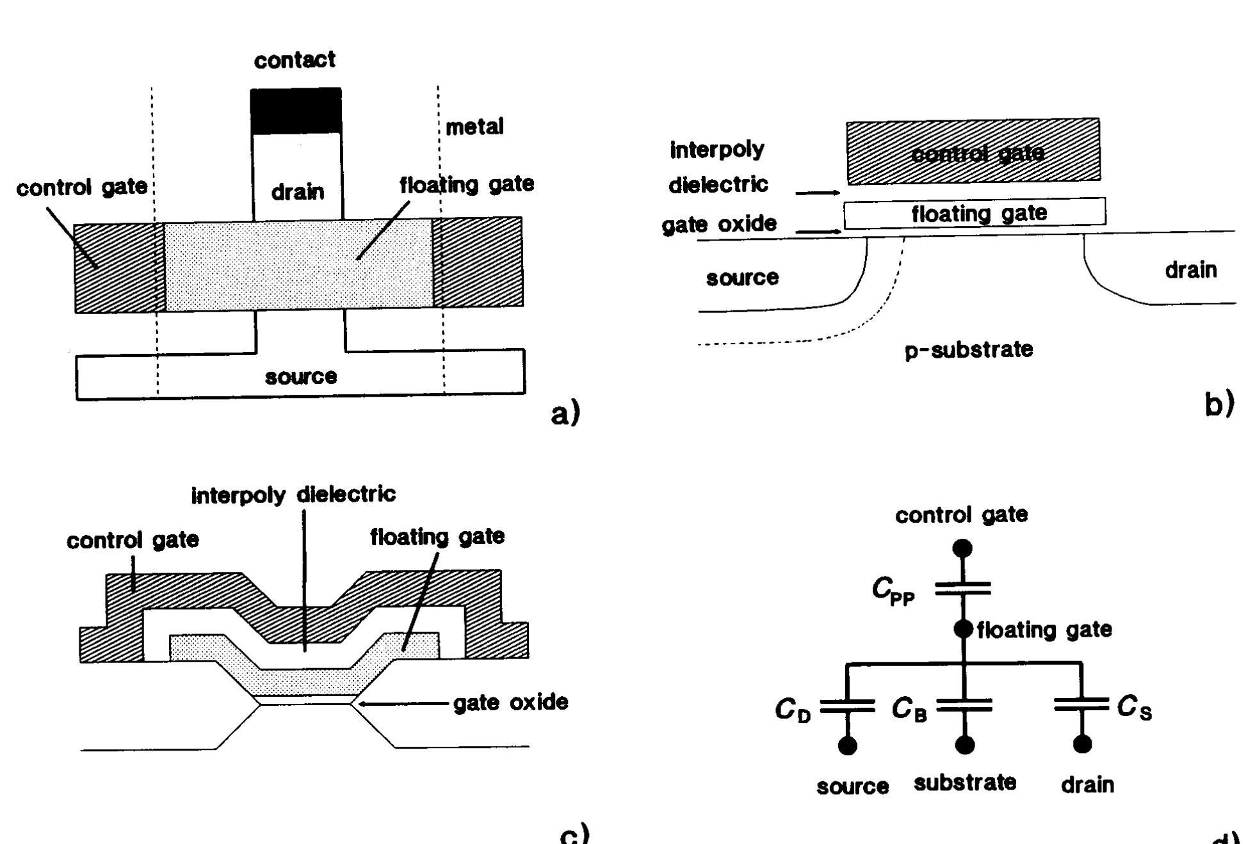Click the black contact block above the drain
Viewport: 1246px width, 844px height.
point(295,111)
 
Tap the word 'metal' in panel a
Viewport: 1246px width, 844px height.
point(474,127)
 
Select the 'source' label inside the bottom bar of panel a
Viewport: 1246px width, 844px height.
point(301,376)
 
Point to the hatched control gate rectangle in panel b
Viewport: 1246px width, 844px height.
point(973,151)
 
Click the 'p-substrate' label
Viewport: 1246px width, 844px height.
point(969,350)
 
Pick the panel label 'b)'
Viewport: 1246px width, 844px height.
point(1219,404)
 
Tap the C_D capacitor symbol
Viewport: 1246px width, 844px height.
point(847,706)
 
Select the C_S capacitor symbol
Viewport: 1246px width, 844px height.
point(1081,705)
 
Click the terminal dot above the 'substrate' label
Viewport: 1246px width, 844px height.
point(964,745)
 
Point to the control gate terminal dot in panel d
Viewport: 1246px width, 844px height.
point(962,548)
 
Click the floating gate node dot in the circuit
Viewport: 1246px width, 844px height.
point(963,629)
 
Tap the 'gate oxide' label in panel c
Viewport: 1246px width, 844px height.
point(510,703)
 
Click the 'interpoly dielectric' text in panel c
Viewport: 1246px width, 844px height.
point(294,494)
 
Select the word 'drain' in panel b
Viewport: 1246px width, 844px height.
point(1191,270)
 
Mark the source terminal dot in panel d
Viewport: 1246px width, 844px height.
point(847,746)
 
